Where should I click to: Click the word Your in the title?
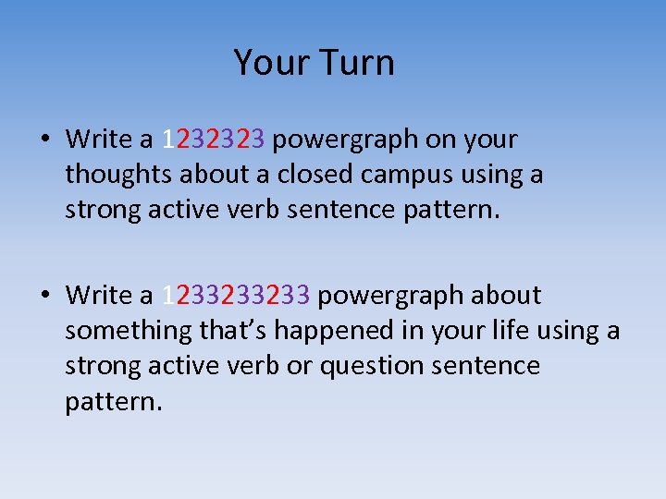click(x=271, y=63)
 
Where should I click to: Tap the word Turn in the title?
click(x=356, y=63)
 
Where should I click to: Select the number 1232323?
click(x=214, y=140)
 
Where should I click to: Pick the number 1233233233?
click(x=239, y=296)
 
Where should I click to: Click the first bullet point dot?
click(x=44, y=140)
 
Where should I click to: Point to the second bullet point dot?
click(x=44, y=297)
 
